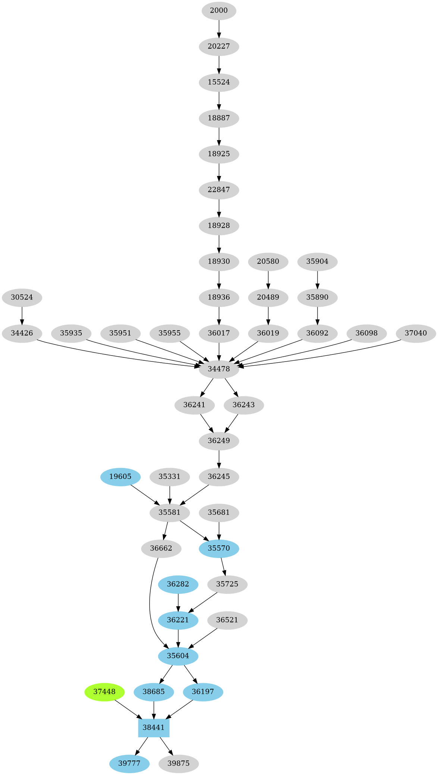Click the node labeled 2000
point(219,10)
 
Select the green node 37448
point(104,691)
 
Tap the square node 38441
point(154,727)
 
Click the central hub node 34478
point(219,369)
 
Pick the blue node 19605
point(120,476)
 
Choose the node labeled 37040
point(416,333)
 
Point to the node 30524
point(22,297)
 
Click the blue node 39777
point(129,763)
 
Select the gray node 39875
point(178,763)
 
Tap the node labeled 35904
point(317,261)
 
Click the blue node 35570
point(219,548)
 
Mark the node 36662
point(161,548)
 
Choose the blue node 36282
point(178,584)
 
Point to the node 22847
point(219,189)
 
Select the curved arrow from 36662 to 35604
point(150,605)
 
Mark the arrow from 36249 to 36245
point(219,459)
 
